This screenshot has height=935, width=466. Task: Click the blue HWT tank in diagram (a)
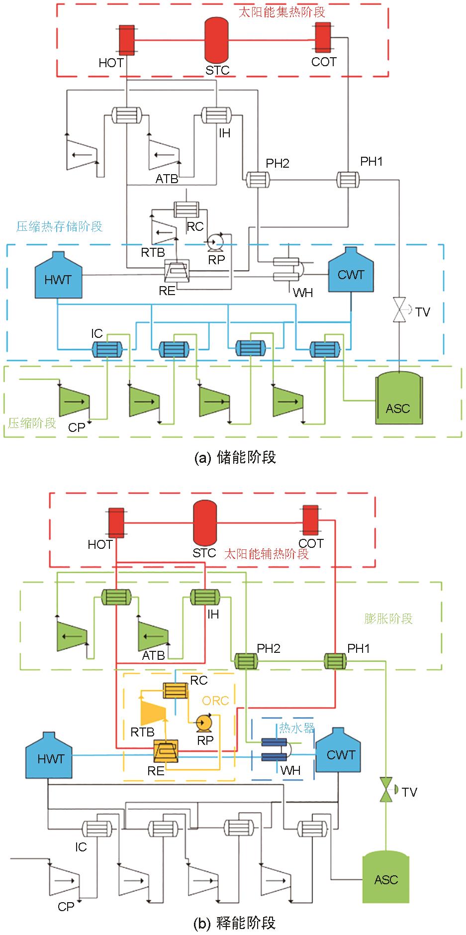(58, 276)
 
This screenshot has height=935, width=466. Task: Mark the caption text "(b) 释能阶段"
(234, 924)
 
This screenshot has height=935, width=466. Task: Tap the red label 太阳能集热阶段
(281, 12)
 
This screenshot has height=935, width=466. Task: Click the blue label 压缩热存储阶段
(60, 226)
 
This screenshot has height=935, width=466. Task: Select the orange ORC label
(215, 701)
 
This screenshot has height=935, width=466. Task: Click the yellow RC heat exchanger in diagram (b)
(176, 690)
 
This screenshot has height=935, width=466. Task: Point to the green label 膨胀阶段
(388, 619)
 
